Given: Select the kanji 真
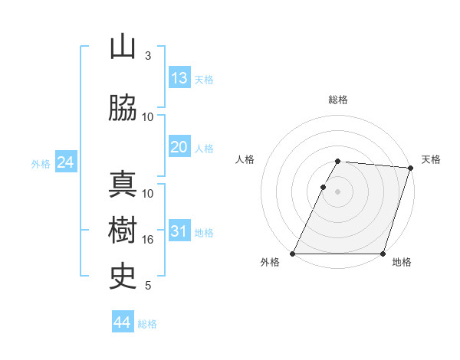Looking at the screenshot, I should click(123, 185).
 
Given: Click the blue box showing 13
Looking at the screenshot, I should click(179, 78).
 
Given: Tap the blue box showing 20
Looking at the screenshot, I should click(179, 147).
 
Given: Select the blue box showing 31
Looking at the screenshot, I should click(179, 231).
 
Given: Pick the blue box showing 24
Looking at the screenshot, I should click(65, 162).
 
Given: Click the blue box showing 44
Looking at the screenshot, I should click(123, 322).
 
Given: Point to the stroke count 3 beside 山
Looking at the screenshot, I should click(148, 56).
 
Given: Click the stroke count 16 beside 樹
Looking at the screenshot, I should click(148, 240).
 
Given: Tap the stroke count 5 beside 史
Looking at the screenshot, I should click(148, 286).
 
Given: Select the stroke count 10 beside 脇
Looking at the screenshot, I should click(148, 117).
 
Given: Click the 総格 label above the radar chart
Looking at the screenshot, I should click(337, 100).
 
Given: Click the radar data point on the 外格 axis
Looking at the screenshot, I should click(292, 254).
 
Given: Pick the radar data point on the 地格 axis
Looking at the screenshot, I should click(383, 254).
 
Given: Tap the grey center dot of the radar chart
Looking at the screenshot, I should click(337, 191).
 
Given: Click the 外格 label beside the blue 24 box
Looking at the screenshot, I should click(41, 163).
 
